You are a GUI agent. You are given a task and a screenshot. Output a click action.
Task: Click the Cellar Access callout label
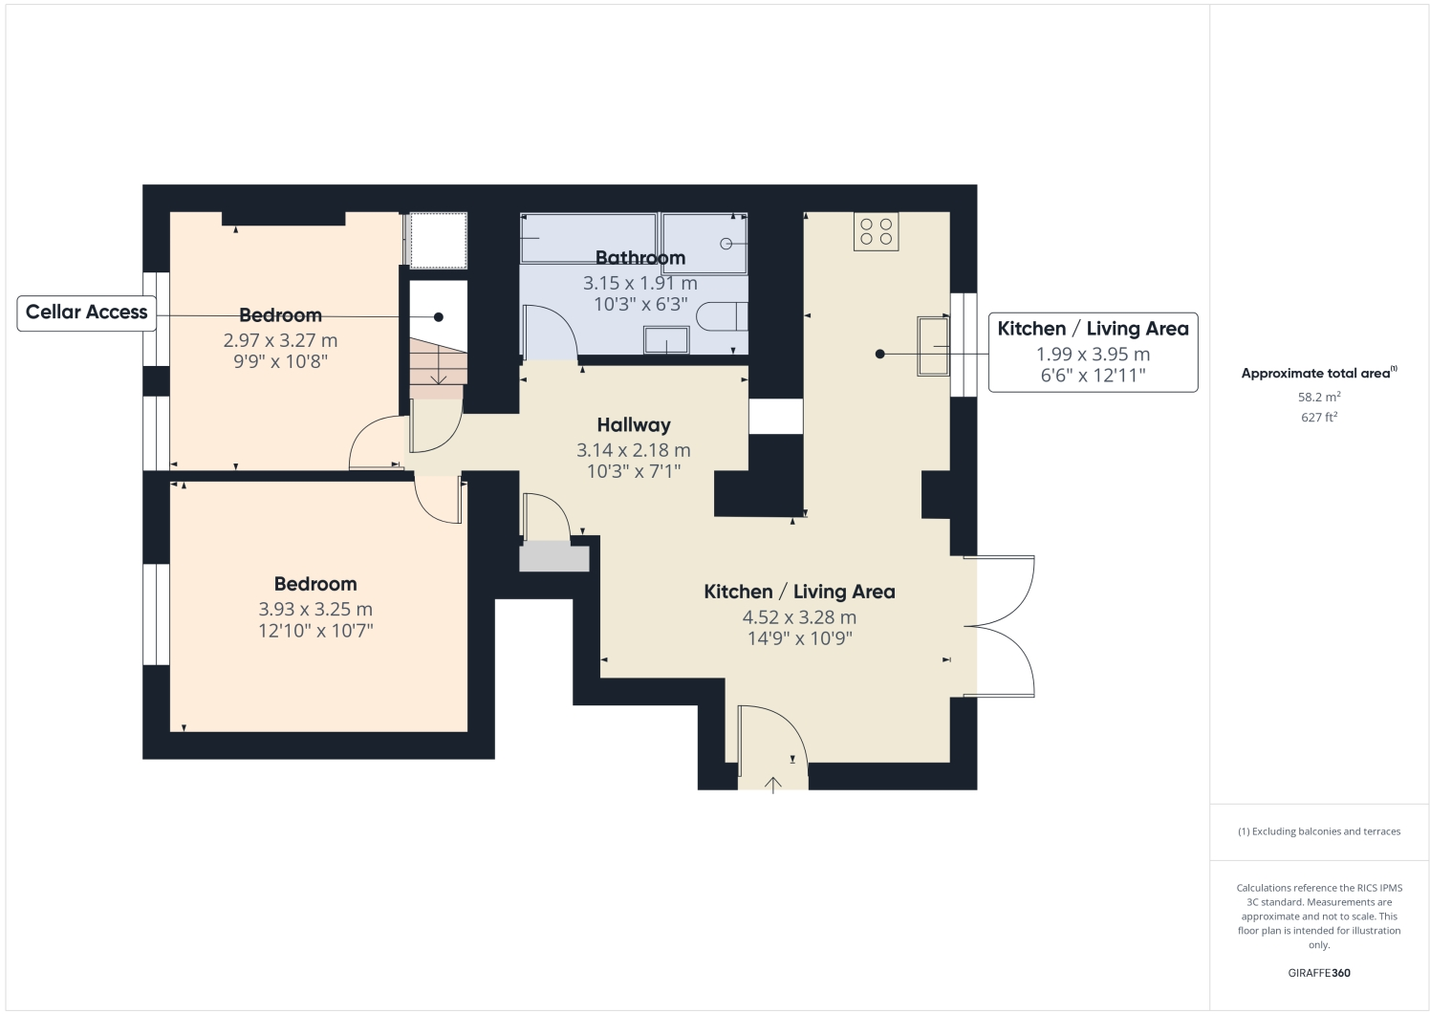point(87,313)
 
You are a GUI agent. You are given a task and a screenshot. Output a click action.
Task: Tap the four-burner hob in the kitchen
point(876,231)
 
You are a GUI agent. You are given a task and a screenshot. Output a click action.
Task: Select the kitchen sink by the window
point(934,346)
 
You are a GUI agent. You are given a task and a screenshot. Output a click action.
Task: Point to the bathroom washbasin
point(666,340)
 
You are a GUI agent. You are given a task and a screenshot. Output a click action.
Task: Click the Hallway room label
point(634,425)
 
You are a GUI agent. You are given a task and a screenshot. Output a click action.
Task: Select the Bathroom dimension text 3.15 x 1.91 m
point(639,284)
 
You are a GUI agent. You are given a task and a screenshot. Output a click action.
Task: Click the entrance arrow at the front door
point(772,784)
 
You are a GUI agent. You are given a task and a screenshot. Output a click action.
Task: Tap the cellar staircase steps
point(438,367)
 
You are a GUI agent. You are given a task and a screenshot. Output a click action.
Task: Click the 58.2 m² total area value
point(1318,397)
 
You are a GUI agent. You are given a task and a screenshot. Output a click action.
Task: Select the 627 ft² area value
point(1318,418)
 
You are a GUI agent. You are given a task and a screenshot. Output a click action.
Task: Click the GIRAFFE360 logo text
point(1318,974)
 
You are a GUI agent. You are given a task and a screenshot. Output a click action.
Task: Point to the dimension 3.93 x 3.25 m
point(315,610)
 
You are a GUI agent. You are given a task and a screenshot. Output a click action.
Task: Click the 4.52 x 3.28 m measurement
point(799,617)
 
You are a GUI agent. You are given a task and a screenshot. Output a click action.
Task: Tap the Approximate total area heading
point(1318,374)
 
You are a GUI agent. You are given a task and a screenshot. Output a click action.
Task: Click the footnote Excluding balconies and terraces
point(1318,831)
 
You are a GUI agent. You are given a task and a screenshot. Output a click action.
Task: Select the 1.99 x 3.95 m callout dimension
point(1093,355)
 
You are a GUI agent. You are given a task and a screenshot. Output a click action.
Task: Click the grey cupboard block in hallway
point(553,557)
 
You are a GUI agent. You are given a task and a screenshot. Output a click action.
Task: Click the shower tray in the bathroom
point(704,244)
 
